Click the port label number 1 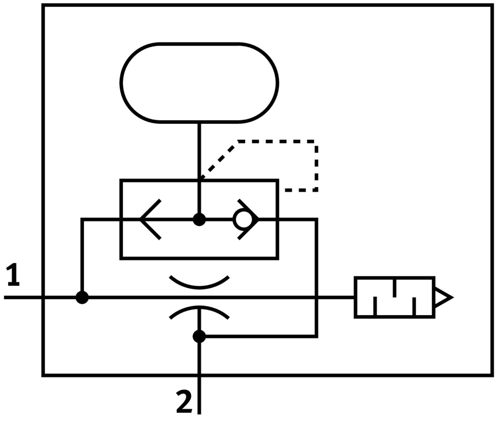(13, 275)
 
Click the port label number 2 (184, 402)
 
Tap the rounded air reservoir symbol (199, 83)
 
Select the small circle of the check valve (241, 219)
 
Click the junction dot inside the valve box (200, 219)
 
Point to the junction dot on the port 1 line (82, 297)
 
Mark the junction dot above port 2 (200, 336)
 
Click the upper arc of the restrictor (199, 284)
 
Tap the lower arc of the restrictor (199, 310)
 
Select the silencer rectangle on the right (394, 297)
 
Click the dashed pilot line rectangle (316, 166)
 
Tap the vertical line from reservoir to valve (200, 150)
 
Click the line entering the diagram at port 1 (23, 297)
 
